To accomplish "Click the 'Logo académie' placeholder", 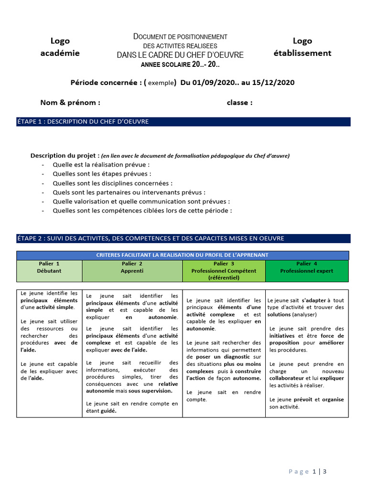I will point(60,47).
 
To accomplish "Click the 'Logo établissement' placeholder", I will point(302,47).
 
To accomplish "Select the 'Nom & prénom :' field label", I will point(70,102).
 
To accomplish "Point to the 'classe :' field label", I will point(239,102).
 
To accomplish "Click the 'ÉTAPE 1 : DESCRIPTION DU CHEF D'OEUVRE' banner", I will point(183,122).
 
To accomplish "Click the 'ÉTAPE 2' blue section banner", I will point(183,238).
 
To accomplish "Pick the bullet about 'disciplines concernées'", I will point(112,183).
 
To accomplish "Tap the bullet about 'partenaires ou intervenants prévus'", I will point(129,192).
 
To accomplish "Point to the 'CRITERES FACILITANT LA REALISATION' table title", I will point(183,255).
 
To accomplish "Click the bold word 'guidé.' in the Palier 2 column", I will point(108,410).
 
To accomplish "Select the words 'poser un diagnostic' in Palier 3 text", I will point(216,357).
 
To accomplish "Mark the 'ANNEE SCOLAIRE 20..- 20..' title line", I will point(180,64).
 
